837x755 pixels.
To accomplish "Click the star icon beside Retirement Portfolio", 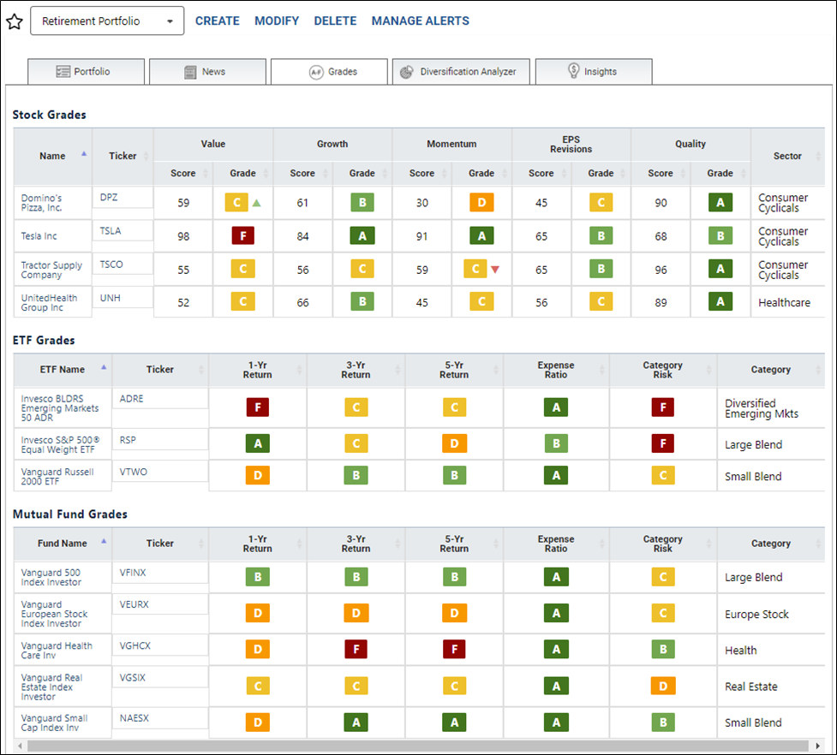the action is tap(15, 21).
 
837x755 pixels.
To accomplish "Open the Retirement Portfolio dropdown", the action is tap(107, 21).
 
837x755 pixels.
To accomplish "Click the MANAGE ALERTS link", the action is tap(421, 21).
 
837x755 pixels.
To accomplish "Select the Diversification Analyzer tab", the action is tap(461, 71).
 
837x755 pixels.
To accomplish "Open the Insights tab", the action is tap(594, 71).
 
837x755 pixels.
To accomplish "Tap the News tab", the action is tap(207, 71).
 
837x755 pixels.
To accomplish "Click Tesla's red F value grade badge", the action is tap(243, 235).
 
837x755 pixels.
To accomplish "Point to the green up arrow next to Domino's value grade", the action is tap(257, 203).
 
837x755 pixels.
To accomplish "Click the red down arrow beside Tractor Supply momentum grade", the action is tap(495, 270).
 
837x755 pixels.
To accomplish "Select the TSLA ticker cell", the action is tap(123, 231).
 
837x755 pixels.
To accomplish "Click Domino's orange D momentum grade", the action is tap(481, 203).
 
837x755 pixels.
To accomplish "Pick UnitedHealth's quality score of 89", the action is tap(661, 302).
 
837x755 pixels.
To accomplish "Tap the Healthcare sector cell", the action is tap(784, 302).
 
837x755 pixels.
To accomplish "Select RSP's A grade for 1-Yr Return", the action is tap(258, 443).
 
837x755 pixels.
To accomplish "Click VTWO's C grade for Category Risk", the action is tap(663, 475).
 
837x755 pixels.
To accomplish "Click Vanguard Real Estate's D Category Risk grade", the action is tap(663, 687).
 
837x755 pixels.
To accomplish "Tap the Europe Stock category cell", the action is tap(756, 615).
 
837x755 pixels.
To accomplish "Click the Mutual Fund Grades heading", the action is tap(70, 514).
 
